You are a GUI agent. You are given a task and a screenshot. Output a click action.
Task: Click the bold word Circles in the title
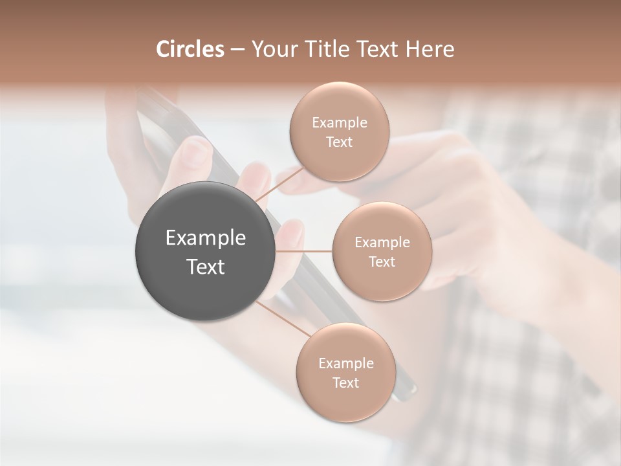click(x=190, y=49)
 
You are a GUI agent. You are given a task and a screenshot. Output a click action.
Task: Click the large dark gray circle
click(x=205, y=251)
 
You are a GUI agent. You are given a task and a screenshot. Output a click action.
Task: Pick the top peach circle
click(x=339, y=131)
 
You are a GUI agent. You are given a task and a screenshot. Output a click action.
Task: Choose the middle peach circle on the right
click(x=382, y=251)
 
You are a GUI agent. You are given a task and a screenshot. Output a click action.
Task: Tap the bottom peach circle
click(x=345, y=373)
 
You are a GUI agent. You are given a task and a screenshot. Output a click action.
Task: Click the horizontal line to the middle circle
click(x=304, y=251)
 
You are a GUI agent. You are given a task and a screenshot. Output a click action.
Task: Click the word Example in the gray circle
click(x=205, y=238)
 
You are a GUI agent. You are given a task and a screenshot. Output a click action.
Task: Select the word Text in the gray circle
click(x=205, y=266)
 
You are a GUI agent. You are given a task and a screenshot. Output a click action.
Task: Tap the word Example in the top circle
click(x=339, y=122)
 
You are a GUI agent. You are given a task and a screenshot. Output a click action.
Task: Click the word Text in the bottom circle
click(x=345, y=383)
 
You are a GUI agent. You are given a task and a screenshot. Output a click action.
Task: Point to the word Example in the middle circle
click(x=382, y=242)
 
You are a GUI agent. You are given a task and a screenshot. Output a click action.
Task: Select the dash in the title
click(x=237, y=49)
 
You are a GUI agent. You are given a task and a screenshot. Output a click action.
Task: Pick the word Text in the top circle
click(x=339, y=142)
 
